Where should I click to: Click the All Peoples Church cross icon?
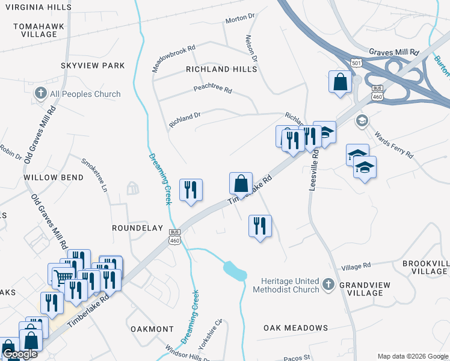(40, 93)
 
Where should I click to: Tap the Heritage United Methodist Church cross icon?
(328, 283)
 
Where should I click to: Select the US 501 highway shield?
(357, 63)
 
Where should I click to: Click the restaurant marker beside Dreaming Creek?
(191, 190)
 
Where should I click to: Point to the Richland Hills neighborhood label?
(221, 69)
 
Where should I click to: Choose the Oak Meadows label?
(295, 328)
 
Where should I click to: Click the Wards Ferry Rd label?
(394, 144)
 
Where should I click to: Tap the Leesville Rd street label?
(313, 171)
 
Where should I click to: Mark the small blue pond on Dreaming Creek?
(235, 271)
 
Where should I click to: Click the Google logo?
(20, 354)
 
